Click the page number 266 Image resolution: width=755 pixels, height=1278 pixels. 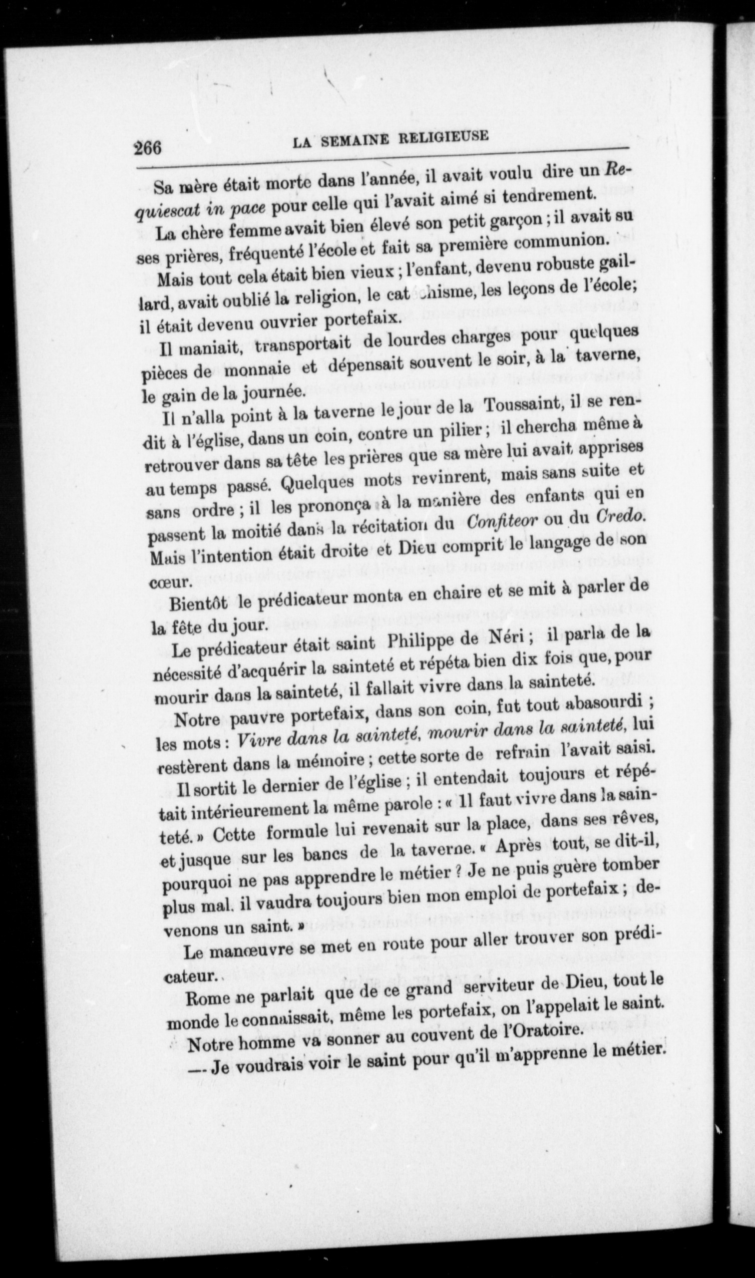point(147,148)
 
